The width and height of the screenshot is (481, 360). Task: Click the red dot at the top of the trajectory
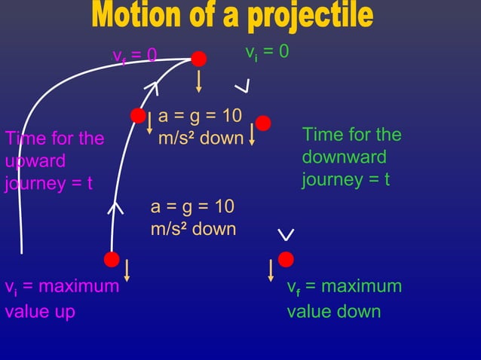pos(198,59)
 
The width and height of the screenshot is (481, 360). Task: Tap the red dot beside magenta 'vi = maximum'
pos(112,260)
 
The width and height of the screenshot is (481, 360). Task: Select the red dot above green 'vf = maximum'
pos(285,259)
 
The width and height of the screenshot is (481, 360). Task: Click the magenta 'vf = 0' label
pos(134,56)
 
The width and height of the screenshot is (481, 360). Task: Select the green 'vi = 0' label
pos(267,53)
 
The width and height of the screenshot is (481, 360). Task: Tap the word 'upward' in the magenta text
pos(25,161)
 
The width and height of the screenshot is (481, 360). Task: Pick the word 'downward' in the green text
pos(344,157)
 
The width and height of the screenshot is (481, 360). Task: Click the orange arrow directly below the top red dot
pos(198,81)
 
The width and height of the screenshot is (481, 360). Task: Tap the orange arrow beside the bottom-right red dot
pos(271,270)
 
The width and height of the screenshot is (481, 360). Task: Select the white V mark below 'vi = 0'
pos(241,87)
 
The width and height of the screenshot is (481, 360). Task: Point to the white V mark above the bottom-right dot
pos(286,235)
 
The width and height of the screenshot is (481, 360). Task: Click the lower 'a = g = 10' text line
pos(192,207)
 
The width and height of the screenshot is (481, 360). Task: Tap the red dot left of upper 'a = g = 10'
pos(138,115)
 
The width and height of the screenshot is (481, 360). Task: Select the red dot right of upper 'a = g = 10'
pos(263,123)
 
